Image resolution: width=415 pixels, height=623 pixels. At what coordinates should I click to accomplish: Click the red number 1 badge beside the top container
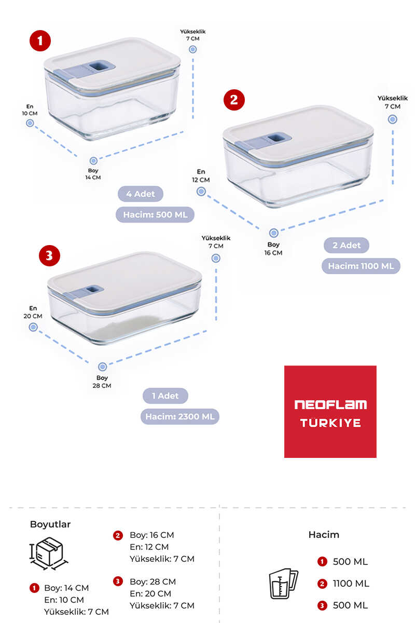coord(40,40)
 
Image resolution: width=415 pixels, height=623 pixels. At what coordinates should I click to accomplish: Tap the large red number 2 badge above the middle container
coord(234,100)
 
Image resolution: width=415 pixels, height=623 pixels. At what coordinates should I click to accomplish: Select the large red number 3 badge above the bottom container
coord(49,255)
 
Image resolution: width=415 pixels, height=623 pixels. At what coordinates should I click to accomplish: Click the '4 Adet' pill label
coord(141,194)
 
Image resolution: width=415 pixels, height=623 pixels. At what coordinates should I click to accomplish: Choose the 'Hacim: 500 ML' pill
coord(155,214)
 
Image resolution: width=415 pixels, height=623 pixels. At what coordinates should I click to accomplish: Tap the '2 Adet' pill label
coord(347,245)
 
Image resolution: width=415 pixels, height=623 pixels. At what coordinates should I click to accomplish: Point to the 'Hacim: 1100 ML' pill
coord(361,266)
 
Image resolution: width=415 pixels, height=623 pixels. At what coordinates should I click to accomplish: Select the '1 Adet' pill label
coord(165,396)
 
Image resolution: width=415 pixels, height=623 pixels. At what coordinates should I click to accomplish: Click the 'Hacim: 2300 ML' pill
coord(180,416)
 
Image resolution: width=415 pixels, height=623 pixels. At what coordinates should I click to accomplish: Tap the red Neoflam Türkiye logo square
coord(330,412)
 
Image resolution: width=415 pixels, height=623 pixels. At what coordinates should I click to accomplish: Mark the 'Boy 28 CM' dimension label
coord(102,382)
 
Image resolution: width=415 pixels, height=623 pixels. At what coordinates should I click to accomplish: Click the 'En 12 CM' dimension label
coord(201,175)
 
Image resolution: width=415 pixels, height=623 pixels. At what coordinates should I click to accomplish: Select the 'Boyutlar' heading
coord(50,524)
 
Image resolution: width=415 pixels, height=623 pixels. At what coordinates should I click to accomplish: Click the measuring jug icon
coord(283,584)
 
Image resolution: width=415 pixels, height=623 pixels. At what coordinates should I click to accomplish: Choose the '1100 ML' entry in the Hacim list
coord(351,584)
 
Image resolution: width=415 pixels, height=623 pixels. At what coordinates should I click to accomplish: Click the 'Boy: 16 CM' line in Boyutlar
coord(152,535)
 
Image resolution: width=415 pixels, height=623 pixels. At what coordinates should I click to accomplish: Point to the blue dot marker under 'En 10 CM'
coord(30,123)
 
